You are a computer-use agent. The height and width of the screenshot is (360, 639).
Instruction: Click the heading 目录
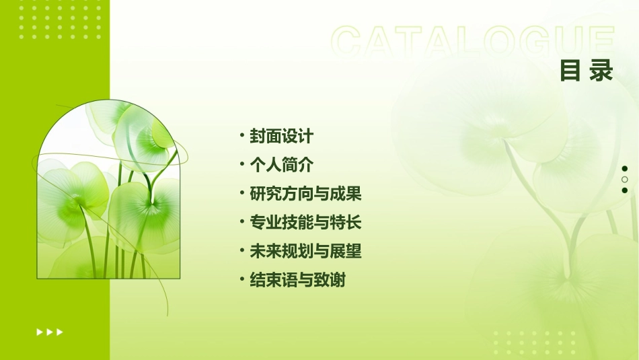pyautogui.click(x=587, y=70)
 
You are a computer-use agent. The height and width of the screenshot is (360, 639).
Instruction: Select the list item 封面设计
pyautogui.click(x=281, y=137)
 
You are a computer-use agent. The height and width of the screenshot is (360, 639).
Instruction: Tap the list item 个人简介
pyautogui.click(x=281, y=165)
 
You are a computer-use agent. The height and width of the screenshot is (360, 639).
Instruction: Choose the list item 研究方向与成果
pyautogui.click(x=305, y=194)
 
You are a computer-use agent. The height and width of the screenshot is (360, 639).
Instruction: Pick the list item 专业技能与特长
pyautogui.click(x=305, y=223)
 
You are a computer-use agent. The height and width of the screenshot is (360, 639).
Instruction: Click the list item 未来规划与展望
pyautogui.click(x=305, y=252)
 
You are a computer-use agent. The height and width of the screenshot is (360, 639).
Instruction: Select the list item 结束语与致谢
pyautogui.click(x=297, y=280)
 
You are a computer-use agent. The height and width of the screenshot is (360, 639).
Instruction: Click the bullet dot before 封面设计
pyautogui.click(x=241, y=136)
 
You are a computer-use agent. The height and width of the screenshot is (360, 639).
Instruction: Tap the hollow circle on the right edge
pyautogui.click(x=625, y=180)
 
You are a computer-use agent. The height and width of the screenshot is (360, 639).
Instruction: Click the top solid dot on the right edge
pyautogui.click(x=625, y=168)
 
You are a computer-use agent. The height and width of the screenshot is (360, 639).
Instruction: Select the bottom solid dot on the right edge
pyautogui.click(x=625, y=190)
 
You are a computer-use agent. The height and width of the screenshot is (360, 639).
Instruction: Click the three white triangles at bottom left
pyautogui.click(x=50, y=332)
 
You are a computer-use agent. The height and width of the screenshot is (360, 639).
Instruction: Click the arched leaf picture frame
pyautogui.click(x=108, y=192)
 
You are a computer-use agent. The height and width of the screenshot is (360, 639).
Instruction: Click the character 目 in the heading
pyautogui.click(x=570, y=70)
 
